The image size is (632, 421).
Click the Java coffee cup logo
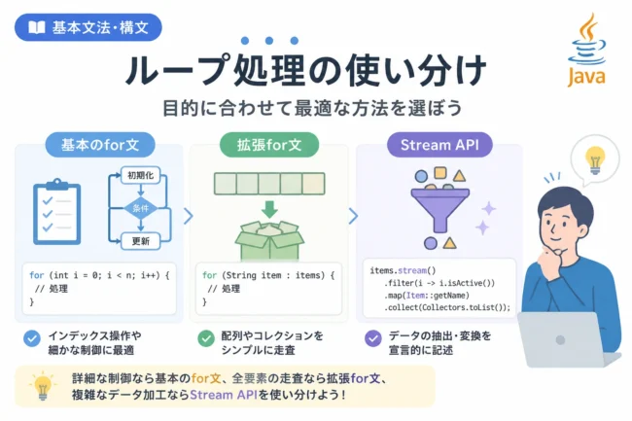pyautogui.click(x=587, y=50)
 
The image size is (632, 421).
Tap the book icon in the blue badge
pyautogui.click(x=36, y=28)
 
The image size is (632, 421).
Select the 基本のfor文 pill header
pyautogui.click(x=100, y=145)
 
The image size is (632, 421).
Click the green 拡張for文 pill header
pyautogui.click(x=269, y=145)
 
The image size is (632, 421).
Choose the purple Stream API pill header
pyautogui.click(x=439, y=145)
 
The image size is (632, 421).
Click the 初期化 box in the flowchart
pyautogui.click(x=141, y=175)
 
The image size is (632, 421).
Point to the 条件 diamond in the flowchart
pyautogui.click(x=141, y=208)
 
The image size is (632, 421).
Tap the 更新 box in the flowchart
pyautogui.click(x=141, y=241)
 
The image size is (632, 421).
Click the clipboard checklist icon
pyautogui.click(x=56, y=212)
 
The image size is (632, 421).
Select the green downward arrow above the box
pyautogui.click(x=269, y=209)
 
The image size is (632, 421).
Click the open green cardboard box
pyautogui.click(x=269, y=240)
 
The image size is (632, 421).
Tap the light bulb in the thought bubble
pyautogui.click(x=595, y=159)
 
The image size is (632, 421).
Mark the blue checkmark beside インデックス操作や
pyautogui.click(x=32, y=338)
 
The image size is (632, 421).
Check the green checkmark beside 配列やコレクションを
pyautogui.click(x=206, y=338)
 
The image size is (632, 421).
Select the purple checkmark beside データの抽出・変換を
pyautogui.click(x=372, y=338)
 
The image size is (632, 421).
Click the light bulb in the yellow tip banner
pyautogui.click(x=43, y=386)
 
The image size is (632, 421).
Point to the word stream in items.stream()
pyautogui.click(x=412, y=270)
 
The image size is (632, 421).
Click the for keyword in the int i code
pyautogui.click(x=36, y=275)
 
